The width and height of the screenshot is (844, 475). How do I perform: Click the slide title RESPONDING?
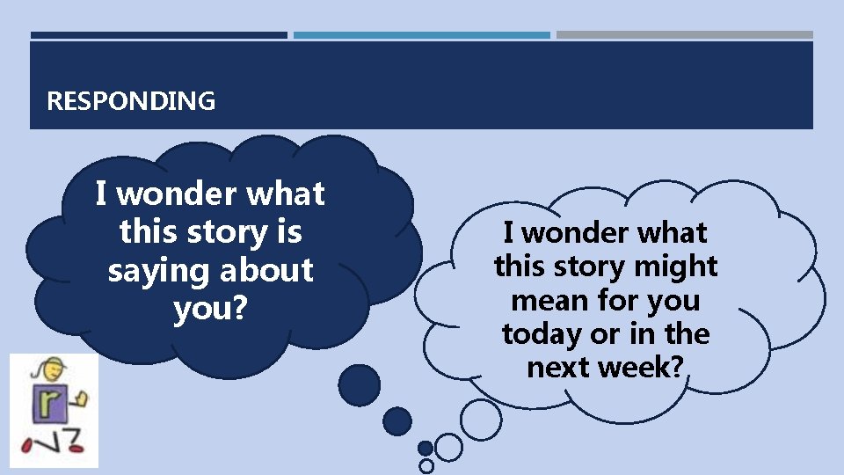(130, 101)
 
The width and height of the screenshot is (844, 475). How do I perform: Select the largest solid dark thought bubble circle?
(360, 385)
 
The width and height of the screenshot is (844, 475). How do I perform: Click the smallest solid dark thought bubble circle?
(425, 448)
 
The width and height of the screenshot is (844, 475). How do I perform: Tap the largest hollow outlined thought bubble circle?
(482, 420)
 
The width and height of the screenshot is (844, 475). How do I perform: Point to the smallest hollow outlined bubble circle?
(426, 464)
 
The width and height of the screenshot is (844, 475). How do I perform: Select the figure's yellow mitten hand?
(81, 399)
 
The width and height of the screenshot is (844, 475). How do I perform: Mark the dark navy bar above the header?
(158, 35)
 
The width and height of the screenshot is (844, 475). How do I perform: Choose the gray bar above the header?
(684, 35)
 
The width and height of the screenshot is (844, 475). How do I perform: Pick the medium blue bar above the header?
(421, 35)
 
